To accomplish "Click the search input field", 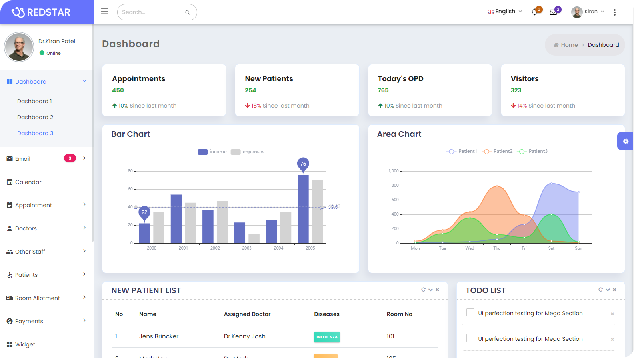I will [152, 12].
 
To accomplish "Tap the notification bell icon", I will [534, 12].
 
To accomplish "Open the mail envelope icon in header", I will [553, 12].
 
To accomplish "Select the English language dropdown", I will [505, 12].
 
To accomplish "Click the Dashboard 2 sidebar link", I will [35, 117].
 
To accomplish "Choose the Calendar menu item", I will [28, 182].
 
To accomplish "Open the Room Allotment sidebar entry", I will [37, 298].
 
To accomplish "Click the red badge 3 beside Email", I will [70, 158].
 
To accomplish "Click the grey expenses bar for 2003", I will [254, 239].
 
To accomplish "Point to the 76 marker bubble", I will [303, 164].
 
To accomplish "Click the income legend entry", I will [212, 152].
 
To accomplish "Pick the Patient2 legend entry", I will [498, 151].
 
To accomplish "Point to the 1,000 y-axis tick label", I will [394, 171].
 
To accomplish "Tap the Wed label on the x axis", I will [470, 248].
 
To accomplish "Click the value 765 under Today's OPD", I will [383, 90].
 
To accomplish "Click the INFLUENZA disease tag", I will [327, 337].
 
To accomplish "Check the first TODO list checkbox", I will [470, 313].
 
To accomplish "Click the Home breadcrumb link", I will [569, 45].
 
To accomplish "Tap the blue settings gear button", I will [626, 141].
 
